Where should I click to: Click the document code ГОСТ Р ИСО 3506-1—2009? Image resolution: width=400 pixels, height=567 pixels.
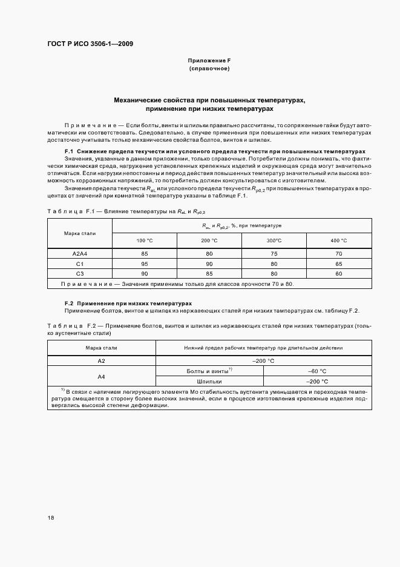90,44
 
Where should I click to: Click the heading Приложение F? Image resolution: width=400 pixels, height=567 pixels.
209,61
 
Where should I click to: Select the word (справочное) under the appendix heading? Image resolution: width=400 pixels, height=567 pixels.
209,69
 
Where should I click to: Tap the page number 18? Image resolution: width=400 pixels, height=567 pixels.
51,517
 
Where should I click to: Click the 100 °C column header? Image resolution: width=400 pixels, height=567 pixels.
145,240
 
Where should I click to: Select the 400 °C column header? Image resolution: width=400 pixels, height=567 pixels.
338,240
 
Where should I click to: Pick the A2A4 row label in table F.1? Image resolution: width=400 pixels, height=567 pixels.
80,254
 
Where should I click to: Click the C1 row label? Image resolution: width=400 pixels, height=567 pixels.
80,264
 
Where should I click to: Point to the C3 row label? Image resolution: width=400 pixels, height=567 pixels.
80,274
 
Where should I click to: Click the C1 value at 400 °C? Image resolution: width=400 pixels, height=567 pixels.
338,264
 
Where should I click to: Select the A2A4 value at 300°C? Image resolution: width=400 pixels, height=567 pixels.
274,254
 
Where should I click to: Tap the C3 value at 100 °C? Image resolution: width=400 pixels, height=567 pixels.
145,274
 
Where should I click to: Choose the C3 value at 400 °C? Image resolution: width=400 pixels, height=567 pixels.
338,274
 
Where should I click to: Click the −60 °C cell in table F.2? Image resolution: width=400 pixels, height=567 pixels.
317,371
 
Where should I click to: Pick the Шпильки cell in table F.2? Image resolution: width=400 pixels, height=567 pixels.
209,382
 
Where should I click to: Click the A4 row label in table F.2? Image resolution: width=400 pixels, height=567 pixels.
102,376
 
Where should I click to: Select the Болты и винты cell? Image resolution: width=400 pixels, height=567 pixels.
209,371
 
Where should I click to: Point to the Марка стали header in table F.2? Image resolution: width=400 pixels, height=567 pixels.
102,348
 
